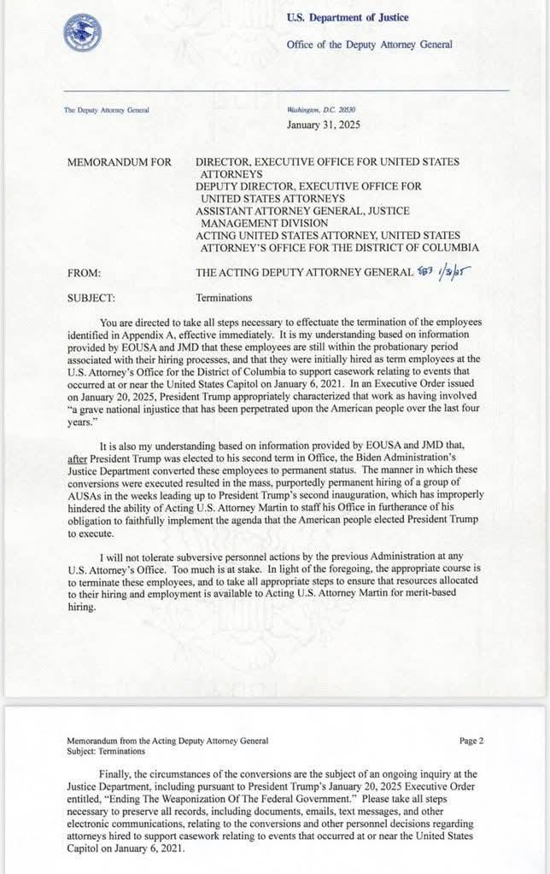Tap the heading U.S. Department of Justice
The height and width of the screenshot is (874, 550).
click(347, 18)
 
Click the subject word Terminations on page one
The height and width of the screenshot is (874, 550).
click(224, 299)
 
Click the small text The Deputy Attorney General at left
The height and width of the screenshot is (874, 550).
click(106, 110)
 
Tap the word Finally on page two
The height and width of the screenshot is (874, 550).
click(117, 773)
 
